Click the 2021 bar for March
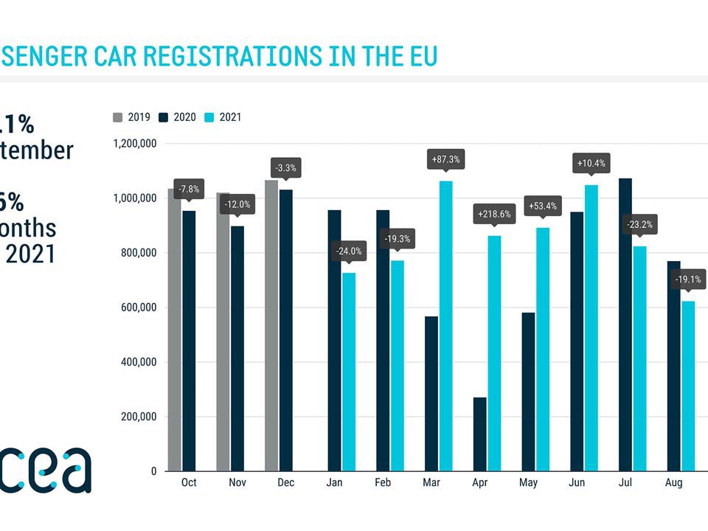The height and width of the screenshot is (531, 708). pos(445,325)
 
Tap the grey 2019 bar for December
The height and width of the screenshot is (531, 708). pos(271,325)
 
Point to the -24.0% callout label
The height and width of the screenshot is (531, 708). pos(349,251)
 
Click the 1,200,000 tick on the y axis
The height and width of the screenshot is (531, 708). pos(135,144)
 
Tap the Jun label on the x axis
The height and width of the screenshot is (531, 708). pos(578,482)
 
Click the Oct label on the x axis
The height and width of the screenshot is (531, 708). pos(189,482)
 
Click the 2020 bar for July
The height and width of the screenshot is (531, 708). pos(625,324)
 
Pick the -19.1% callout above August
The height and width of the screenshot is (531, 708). pos(689,280)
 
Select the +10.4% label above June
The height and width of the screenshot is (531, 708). pos(591,163)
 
